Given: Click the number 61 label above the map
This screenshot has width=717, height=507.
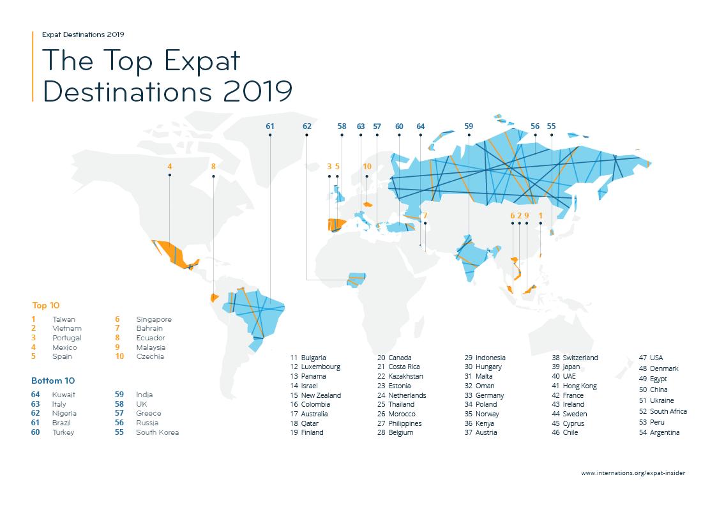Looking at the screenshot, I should [x=269, y=126].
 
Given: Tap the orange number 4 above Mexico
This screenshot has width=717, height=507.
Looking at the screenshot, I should [x=169, y=167].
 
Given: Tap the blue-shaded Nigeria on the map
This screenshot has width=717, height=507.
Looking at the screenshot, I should [x=358, y=280].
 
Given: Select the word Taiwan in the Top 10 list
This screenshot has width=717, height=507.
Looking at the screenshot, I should [x=63, y=319].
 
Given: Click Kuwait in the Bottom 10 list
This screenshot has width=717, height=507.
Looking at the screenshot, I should [x=63, y=395].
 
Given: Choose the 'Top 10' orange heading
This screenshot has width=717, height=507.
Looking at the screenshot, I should [x=46, y=305].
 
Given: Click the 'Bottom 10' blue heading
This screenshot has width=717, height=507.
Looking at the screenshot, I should [x=53, y=381].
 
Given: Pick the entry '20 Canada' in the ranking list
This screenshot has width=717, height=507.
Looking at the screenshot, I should [x=395, y=358].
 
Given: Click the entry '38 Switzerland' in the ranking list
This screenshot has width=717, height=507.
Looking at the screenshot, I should [x=575, y=358].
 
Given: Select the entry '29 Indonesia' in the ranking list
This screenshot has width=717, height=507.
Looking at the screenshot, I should [x=485, y=358].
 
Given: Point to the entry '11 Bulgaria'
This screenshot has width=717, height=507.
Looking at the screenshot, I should [x=308, y=358].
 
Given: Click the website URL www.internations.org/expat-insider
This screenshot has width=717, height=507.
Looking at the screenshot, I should [x=633, y=473].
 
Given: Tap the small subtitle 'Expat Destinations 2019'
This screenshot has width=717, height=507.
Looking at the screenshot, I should [x=83, y=34].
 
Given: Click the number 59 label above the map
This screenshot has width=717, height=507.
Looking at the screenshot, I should [x=469, y=126].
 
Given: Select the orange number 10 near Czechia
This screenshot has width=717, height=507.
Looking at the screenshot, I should [x=366, y=167].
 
